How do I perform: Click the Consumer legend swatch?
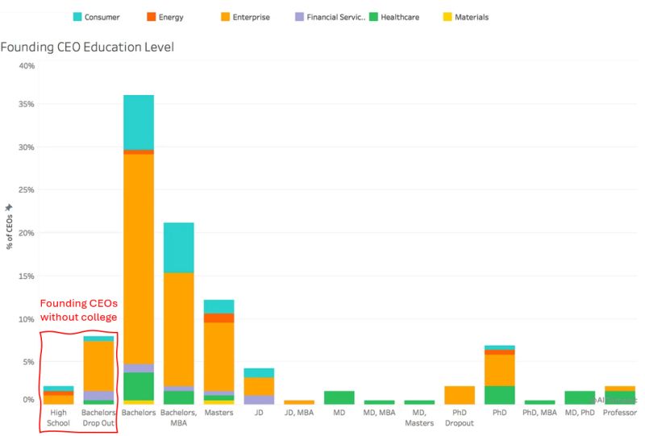77,17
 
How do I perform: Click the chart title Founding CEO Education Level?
87,47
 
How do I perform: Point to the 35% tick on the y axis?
26,105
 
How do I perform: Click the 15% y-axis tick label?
26,276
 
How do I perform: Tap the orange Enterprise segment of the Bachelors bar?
139,258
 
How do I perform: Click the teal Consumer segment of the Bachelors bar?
139,122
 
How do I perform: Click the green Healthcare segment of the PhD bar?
500,395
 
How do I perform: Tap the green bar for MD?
339,397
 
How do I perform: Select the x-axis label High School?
59,417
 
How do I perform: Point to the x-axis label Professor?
619,412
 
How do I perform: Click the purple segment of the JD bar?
260,399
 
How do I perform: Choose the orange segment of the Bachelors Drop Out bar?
98,366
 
